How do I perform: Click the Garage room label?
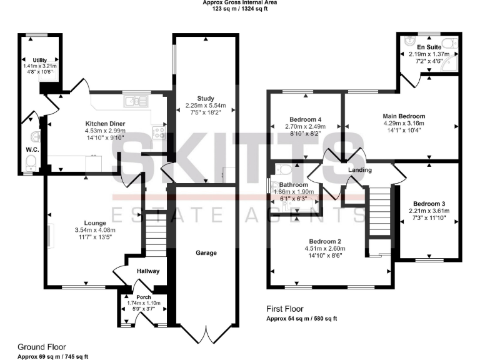coord(206,253)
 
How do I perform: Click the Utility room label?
coord(40,59)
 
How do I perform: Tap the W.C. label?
coord(33,150)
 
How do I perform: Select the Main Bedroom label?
coord(404,116)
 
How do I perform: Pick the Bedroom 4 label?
coord(306,119)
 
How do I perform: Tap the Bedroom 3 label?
coord(429,204)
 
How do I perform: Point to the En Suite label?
coord(429,47)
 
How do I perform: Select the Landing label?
coord(360,170)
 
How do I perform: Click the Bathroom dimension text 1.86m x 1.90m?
coord(294,192)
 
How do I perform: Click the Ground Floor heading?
coord(41,347)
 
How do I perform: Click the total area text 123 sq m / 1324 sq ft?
coord(240,10)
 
